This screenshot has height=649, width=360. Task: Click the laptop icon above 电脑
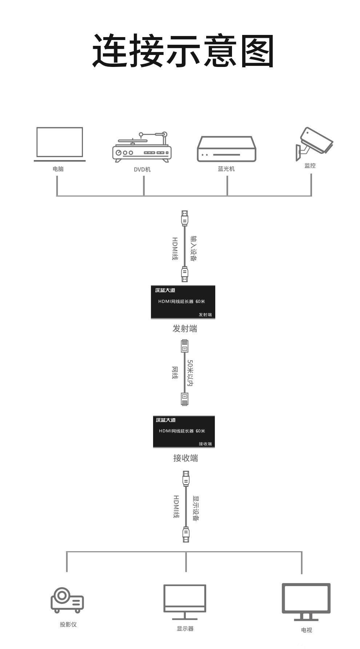pyautogui.click(x=60, y=144)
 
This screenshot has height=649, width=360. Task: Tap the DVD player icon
pyautogui.click(x=142, y=147)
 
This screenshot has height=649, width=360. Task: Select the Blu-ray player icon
pyautogui.click(x=227, y=149)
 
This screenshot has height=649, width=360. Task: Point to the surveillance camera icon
pyautogui.click(x=314, y=144)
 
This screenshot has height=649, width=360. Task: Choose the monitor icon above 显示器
pyautogui.click(x=185, y=602)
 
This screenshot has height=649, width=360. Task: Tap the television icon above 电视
pyautogui.click(x=306, y=602)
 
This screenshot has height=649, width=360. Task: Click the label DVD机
pyautogui.click(x=142, y=170)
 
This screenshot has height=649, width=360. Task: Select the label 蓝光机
pyautogui.click(x=226, y=169)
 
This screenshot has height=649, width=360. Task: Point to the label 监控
pyautogui.click(x=310, y=166)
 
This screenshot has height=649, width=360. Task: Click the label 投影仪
pyautogui.click(x=68, y=624)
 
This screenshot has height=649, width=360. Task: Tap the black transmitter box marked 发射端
pyautogui.click(x=183, y=302)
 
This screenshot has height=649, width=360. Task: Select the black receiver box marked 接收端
pyautogui.click(x=184, y=432)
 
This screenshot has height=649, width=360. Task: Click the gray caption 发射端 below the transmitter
pyautogui.click(x=185, y=329)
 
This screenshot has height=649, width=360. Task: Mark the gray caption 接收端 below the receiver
pyautogui.click(x=185, y=458)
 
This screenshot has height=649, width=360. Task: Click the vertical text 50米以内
pyautogui.click(x=190, y=373)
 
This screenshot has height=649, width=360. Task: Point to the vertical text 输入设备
pyautogui.click(x=193, y=248)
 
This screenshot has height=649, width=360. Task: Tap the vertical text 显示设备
pyautogui.click(x=196, y=508)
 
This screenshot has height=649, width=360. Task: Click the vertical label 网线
pyautogui.click(x=175, y=373)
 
